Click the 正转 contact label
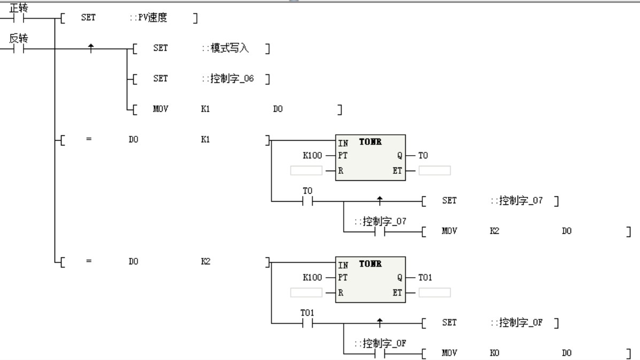tap(18, 7)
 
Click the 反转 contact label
tap(18, 39)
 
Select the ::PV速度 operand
tap(148, 18)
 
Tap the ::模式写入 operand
tap(225, 48)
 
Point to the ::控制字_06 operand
tap(228, 79)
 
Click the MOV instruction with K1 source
tap(160, 109)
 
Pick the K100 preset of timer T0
tap(312, 155)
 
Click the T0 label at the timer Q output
tap(423, 155)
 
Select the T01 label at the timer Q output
tap(425, 277)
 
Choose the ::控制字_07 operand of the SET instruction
tap(516, 201)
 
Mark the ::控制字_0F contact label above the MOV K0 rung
tap(380, 343)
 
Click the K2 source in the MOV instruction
tap(494, 231)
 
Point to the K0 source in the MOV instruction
tap(494, 353)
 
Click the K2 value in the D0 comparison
tap(205, 262)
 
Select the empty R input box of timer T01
tap(306, 293)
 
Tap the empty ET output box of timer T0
tap(435, 171)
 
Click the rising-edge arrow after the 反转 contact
tap(91, 48)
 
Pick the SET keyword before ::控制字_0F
tap(449, 323)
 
